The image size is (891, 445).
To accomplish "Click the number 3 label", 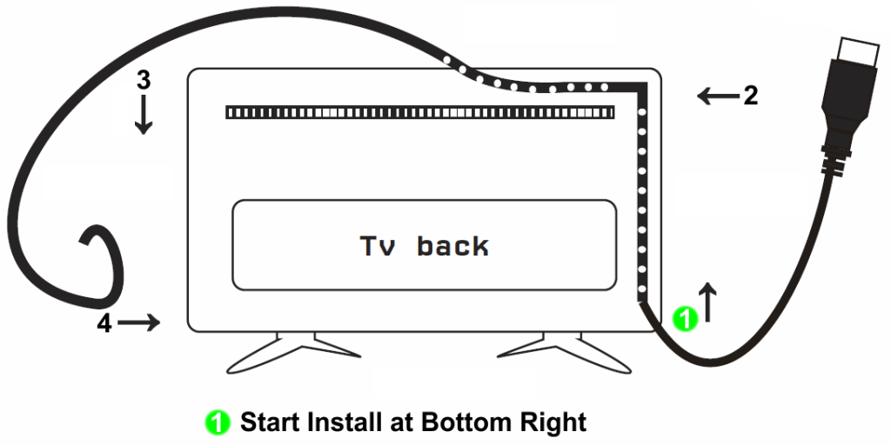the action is [x=144, y=81].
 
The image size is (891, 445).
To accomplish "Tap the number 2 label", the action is [x=751, y=96].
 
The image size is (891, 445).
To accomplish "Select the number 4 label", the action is [x=104, y=323].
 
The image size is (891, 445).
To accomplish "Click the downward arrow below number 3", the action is [x=144, y=114].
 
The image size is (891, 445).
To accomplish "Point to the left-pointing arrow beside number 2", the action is [x=718, y=96].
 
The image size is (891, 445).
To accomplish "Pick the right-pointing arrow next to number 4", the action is [x=139, y=323].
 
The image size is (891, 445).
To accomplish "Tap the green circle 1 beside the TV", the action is [x=685, y=318].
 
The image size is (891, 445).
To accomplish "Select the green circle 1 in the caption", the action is [x=218, y=423].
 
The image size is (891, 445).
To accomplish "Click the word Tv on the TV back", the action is [x=376, y=246].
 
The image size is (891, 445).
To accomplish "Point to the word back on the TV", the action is [x=452, y=245].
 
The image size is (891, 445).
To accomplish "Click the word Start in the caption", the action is [x=270, y=422].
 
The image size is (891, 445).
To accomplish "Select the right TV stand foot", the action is [x=564, y=353].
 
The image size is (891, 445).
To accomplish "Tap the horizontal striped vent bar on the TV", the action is [x=420, y=112].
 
